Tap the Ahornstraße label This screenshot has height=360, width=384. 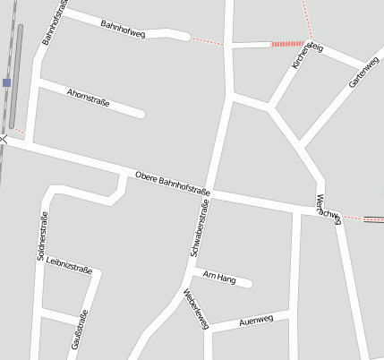point(88,97)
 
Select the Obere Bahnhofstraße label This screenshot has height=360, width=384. point(172,183)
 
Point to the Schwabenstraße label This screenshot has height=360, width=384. point(201,228)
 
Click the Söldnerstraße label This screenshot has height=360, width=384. point(42,236)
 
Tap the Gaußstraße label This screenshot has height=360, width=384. point(79,330)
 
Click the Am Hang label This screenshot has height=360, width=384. point(219,278)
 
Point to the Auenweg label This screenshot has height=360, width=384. point(256,321)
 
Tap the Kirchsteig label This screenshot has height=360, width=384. point(306,55)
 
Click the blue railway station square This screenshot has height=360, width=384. point(6,82)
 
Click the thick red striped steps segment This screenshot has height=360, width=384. point(288,43)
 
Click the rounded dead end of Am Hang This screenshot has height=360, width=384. point(248,285)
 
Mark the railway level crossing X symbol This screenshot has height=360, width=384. point(4,138)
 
